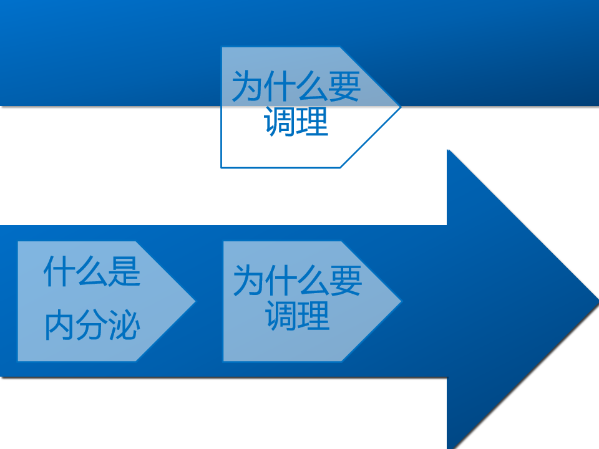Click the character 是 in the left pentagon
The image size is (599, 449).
(125, 271)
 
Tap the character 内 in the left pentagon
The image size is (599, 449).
(60, 325)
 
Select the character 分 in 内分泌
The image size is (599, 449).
(92, 325)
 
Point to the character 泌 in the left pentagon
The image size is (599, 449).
(125, 325)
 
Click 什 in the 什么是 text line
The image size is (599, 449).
(60, 271)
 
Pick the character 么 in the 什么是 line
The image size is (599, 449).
(92, 271)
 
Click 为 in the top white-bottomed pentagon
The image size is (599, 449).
(248, 86)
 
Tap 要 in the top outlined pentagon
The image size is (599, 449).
(344, 86)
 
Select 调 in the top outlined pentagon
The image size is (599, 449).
(280, 122)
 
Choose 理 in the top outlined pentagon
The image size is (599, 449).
(313, 122)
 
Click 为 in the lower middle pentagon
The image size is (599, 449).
(249, 280)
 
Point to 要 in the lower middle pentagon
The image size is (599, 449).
(346, 280)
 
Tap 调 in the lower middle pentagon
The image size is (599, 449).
(281, 316)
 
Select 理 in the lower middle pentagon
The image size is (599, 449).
(314, 316)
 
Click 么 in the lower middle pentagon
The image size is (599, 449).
(314, 280)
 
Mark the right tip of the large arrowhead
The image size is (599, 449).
(598, 301)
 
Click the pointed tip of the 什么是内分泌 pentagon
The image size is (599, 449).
(195, 301)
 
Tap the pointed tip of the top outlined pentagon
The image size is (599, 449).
(401, 107)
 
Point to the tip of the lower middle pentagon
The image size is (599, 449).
(402, 301)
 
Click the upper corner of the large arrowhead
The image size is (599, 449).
(447, 149)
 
